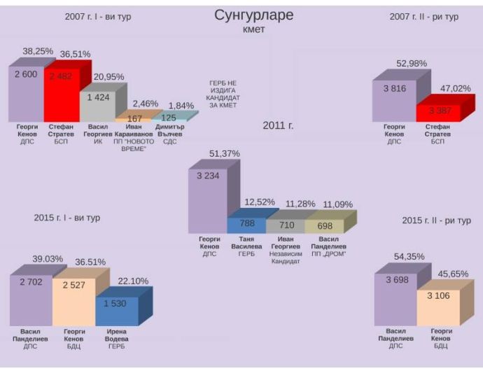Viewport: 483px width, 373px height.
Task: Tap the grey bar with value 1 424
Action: (x=97, y=105)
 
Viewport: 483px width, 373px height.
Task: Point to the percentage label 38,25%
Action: (x=37, y=52)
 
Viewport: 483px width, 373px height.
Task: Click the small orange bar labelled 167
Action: (x=134, y=118)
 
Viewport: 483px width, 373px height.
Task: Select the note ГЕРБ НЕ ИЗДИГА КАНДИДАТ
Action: (x=225, y=94)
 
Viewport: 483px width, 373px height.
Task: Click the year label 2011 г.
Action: (x=278, y=125)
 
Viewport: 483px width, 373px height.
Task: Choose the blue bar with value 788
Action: (x=246, y=225)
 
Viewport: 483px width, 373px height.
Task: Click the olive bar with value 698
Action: (x=324, y=225)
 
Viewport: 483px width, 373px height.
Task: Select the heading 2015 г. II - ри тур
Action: (x=436, y=220)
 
